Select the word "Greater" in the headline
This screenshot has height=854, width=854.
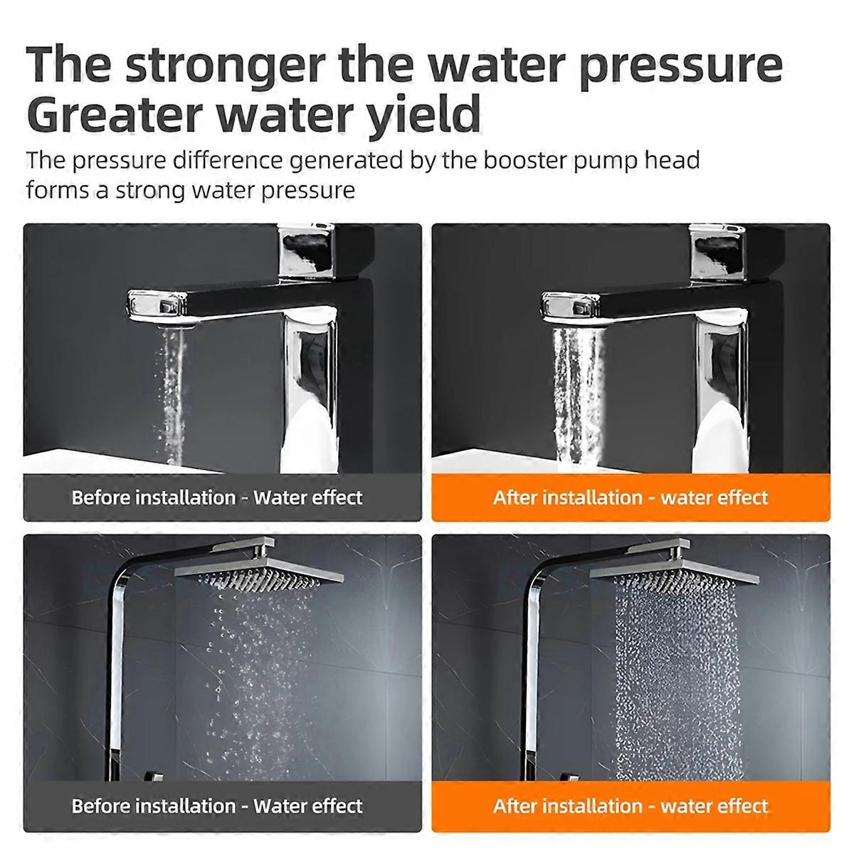click(x=115, y=113)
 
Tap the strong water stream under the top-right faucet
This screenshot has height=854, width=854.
click(x=577, y=394)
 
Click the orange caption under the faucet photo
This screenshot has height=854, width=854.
click(x=631, y=497)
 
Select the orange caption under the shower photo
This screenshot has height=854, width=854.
click(x=631, y=806)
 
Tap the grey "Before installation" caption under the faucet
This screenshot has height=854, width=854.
click(x=222, y=497)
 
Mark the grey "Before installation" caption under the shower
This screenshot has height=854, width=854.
click(x=222, y=806)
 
